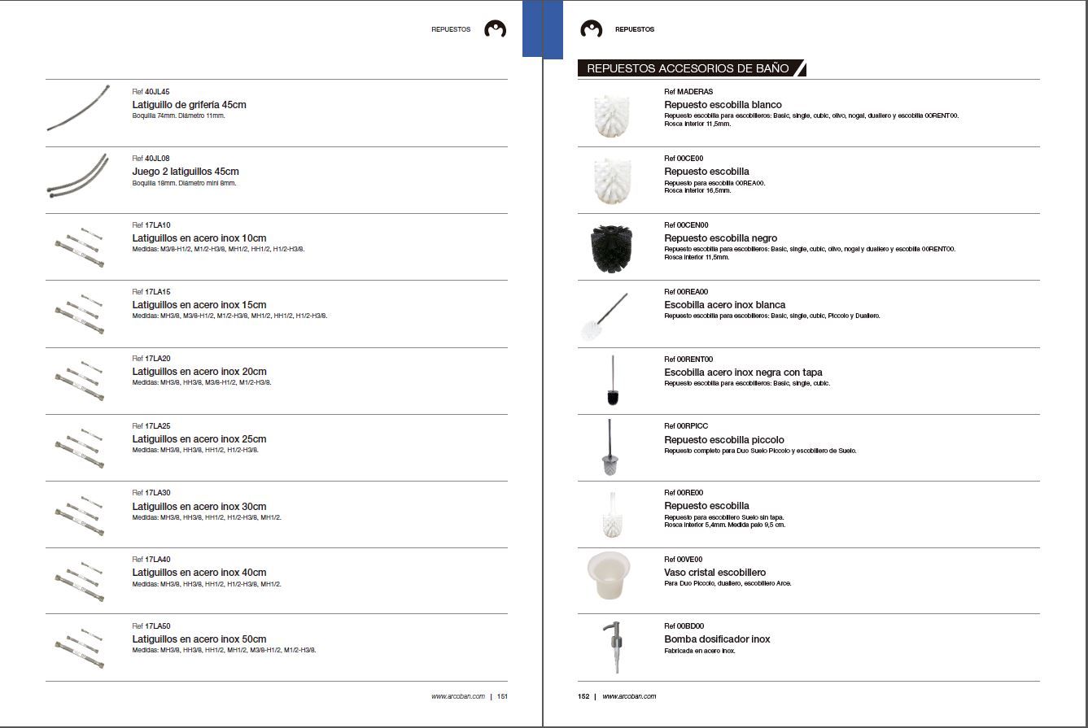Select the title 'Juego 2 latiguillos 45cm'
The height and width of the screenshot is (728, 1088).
[186, 172]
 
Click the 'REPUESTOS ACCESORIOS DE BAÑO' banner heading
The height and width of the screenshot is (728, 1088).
[688, 68]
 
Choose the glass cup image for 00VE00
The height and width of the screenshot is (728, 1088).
[609, 575]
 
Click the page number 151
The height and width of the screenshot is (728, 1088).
[502, 696]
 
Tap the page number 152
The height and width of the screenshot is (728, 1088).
[583, 696]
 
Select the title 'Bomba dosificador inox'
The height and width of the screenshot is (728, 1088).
[717, 639]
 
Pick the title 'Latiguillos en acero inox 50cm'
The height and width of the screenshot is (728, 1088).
[199, 639]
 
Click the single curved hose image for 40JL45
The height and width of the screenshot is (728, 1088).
[77, 108]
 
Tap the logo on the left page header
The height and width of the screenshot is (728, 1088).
[495, 29]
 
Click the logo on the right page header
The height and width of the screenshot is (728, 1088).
[591, 29]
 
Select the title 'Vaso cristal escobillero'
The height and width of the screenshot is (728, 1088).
[714, 573]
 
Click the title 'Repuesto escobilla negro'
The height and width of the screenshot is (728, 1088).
[720, 238]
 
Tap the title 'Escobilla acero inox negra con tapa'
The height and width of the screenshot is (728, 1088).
[743, 373]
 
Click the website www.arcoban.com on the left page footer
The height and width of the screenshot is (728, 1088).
[458, 696]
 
